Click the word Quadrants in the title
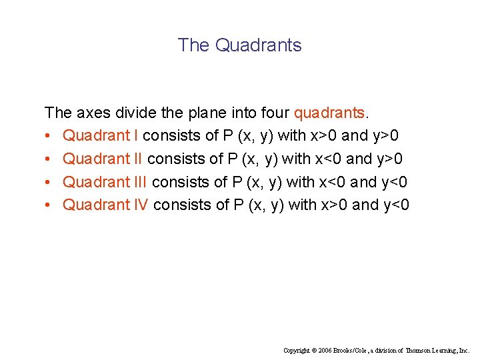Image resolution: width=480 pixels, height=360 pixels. [x=259, y=45]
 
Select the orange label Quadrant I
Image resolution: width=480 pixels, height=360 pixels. [x=101, y=136]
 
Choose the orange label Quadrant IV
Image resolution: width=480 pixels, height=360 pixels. [x=105, y=205]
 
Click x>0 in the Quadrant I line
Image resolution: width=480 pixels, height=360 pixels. [x=323, y=136]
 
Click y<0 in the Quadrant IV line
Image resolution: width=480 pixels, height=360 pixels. [x=395, y=205]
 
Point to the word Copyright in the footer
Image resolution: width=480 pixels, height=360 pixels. [x=297, y=350]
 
